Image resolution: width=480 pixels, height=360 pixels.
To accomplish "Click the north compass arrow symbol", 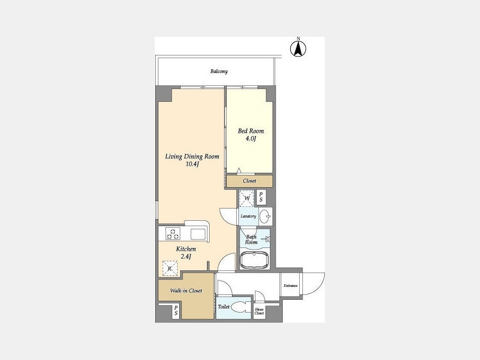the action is pos(298,49).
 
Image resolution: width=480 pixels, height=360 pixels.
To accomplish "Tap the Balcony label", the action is pos(219,71).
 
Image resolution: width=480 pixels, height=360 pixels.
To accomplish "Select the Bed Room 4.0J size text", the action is pos(251,139).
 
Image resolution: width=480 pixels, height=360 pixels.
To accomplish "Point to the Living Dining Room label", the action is pos(192,156).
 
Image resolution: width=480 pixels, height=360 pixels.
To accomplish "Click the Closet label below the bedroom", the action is pos(250,181).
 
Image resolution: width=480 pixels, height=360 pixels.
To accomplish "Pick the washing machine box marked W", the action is pos(247,198).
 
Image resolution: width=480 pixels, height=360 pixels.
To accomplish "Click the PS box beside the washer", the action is pos(261,197).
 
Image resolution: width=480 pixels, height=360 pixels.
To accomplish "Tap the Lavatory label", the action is pos(248,216).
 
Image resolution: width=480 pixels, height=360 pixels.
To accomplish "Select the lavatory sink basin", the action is pos(265,217).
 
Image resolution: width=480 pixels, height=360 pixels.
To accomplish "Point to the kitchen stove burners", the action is pos(173,234).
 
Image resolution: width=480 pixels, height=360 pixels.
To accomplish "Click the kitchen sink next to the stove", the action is pos(198,234).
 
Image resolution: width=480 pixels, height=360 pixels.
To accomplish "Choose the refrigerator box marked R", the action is pos(170,268).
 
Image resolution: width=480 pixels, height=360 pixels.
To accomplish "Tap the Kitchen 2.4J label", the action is pos(186,253).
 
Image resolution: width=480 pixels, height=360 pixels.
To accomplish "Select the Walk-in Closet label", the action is pos(186,291).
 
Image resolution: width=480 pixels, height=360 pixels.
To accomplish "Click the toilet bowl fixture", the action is pos(241,307).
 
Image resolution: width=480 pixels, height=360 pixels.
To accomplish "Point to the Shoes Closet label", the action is pos(259,311).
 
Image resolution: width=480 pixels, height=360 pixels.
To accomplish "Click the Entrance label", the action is pos(291,286).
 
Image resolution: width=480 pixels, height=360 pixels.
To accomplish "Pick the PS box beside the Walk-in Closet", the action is pos(175,310).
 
